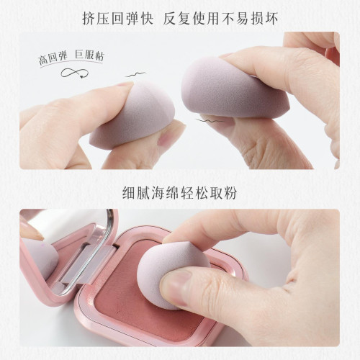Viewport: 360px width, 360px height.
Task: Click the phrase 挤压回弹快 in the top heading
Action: tap(118, 19)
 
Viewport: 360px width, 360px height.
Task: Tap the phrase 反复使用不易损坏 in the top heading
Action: tap(220, 19)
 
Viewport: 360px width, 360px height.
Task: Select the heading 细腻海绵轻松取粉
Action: tap(180, 193)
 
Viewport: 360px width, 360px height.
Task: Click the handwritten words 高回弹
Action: tap(53, 58)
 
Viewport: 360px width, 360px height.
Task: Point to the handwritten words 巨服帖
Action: tap(89, 56)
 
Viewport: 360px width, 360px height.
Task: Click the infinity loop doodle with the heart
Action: tap(75, 73)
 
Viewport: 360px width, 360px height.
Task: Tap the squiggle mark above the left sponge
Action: tap(135, 75)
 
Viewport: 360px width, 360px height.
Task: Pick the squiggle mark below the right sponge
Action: tap(210, 121)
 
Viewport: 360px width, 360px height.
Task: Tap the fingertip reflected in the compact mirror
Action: tap(31, 232)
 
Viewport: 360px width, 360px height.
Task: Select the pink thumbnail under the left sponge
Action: tap(167, 138)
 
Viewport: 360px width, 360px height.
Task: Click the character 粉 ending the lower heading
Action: tap(230, 193)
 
